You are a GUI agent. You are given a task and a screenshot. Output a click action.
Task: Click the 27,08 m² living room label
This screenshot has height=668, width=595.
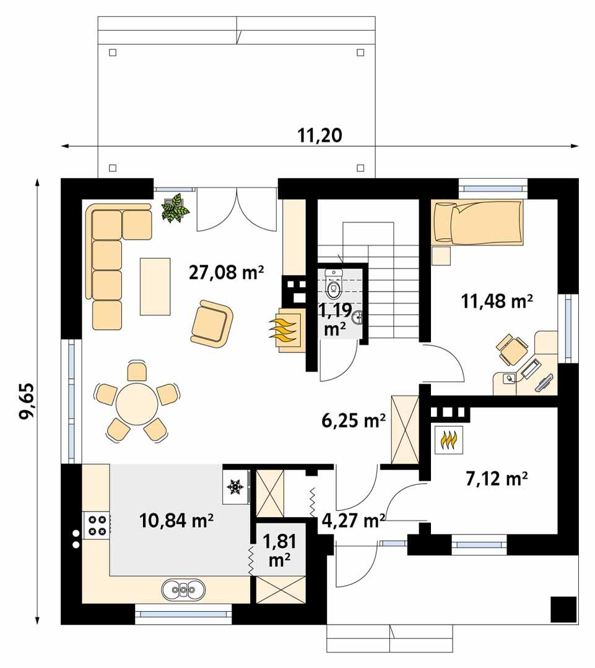(226, 272)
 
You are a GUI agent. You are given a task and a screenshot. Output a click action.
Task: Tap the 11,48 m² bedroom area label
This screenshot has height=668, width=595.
(497, 301)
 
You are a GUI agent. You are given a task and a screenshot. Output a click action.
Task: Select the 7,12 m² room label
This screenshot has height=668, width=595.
(495, 478)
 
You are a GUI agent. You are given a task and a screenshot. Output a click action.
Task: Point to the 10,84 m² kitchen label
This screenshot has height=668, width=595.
(176, 520)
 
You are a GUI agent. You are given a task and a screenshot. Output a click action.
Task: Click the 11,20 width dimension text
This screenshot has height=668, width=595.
(319, 135)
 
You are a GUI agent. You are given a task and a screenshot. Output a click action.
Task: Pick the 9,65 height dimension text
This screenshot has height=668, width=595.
(28, 401)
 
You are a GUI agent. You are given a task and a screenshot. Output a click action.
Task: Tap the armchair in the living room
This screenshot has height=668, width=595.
(212, 322)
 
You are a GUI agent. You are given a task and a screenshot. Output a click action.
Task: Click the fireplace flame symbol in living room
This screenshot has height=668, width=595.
(285, 332)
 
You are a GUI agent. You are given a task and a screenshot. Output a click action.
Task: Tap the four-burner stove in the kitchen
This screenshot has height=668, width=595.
(97, 525)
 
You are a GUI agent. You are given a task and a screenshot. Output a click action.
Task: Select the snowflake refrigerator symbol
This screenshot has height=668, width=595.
(235, 487)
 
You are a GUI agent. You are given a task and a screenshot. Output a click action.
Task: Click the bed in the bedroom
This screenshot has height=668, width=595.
(477, 221)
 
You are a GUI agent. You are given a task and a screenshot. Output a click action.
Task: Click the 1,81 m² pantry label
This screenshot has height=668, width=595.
(279, 550)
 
